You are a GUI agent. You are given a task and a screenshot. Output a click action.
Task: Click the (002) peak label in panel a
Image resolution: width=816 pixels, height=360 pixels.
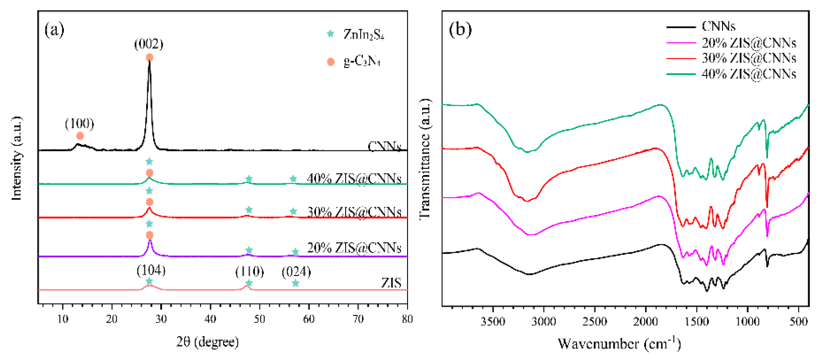(149, 44)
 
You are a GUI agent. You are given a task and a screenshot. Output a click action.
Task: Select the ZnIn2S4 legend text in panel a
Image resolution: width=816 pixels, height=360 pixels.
(364, 34)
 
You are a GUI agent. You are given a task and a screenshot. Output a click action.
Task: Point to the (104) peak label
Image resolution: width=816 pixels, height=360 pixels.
(151, 270)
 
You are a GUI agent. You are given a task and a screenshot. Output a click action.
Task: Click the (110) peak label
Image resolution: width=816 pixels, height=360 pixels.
(250, 272)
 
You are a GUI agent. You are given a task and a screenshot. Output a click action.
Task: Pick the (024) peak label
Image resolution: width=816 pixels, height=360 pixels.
(296, 272)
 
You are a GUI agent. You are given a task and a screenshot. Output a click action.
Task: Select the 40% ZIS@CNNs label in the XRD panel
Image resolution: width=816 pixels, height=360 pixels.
(354, 179)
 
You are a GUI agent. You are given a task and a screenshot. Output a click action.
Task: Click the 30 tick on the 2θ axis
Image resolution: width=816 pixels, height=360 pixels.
(161, 319)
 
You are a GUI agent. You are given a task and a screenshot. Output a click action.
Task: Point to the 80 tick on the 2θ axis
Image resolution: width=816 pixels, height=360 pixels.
(407, 319)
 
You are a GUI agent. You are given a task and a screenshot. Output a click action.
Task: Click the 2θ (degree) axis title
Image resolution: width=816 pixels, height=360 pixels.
(208, 342)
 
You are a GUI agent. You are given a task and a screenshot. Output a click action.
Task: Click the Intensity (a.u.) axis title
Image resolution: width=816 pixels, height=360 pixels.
(16, 158)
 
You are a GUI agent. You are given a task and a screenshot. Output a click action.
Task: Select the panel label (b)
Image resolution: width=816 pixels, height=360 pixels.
(460, 30)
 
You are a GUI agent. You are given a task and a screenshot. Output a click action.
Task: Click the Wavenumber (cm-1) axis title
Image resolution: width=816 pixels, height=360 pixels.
(619, 344)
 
